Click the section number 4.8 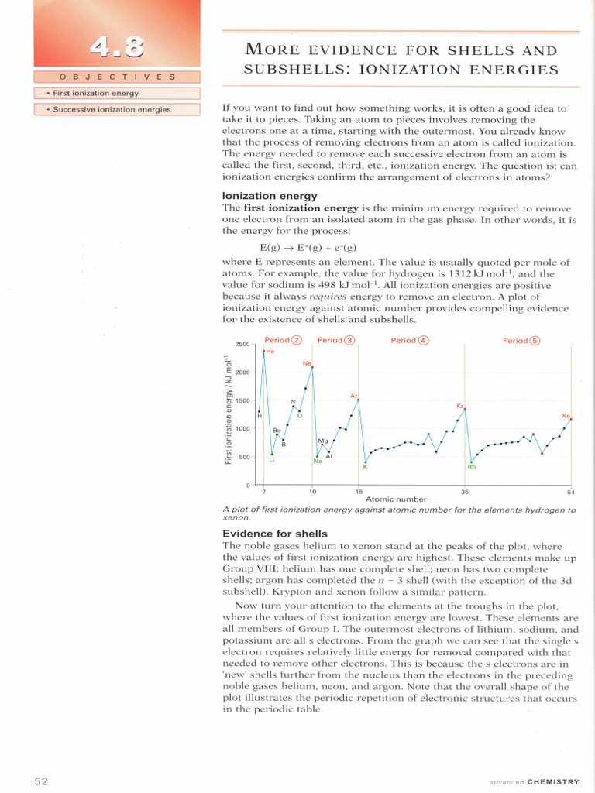[116, 48]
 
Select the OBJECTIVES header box [117, 77]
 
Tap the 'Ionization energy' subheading [270, 196]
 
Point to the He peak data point [263, 351]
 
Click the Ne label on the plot [308, 362]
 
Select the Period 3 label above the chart [335, 340]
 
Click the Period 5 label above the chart [521, 340]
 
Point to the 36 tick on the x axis [465, 492]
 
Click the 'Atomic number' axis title [396, 499]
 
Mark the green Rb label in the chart [471, 467]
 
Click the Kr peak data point [465, 409]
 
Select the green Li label [272, 460]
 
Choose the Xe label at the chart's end [566, 416]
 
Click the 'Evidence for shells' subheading [275, 534]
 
